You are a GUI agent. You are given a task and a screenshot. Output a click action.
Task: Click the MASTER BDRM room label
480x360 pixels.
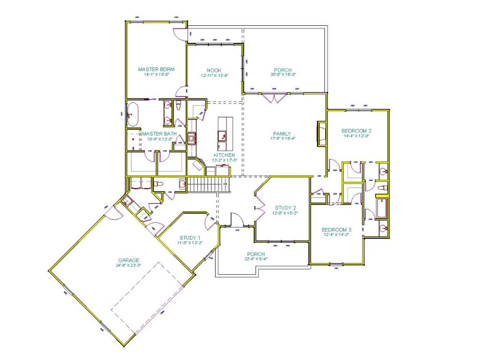(156, 69)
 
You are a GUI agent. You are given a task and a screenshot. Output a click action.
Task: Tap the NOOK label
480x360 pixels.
(214, 70)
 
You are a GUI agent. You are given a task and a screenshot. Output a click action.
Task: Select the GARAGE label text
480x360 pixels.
(128, 260)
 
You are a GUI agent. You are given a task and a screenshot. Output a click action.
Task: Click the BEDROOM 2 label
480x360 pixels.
(356, 131)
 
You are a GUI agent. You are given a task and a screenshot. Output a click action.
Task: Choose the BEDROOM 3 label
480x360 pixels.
(336, 230)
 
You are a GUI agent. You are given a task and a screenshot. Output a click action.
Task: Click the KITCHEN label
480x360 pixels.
(225, 155)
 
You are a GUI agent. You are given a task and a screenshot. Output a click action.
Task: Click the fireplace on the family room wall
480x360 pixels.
(322, 133)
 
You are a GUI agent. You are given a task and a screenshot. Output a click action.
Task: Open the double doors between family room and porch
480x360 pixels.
(274, 98)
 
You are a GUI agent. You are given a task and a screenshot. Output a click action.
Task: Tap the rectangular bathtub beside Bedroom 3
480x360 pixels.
(382, 209)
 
